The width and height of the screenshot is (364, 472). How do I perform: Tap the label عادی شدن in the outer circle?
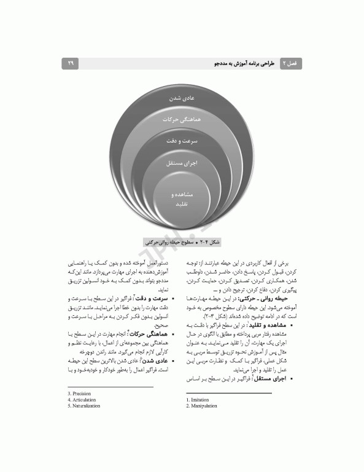(x=182, y=98)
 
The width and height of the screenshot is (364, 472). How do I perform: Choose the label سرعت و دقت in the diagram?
(x=182, y=141)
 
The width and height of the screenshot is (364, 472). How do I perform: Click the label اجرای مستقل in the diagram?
(x=182, y=163)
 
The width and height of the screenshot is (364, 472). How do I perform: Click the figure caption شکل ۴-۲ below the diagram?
(x=182, y=242)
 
